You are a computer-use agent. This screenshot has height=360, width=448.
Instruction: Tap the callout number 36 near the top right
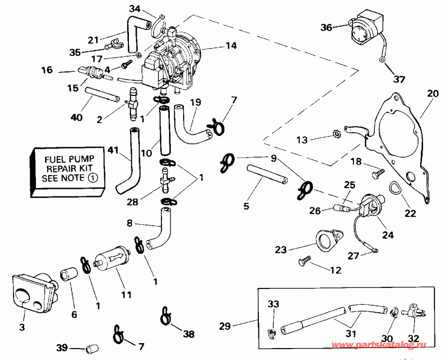[326, 28]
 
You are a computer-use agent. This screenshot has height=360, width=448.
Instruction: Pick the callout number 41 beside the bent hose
[113, 149]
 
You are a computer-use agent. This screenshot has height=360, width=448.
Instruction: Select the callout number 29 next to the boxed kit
[225, 326]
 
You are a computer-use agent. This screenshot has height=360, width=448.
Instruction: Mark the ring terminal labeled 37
[381, 60]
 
